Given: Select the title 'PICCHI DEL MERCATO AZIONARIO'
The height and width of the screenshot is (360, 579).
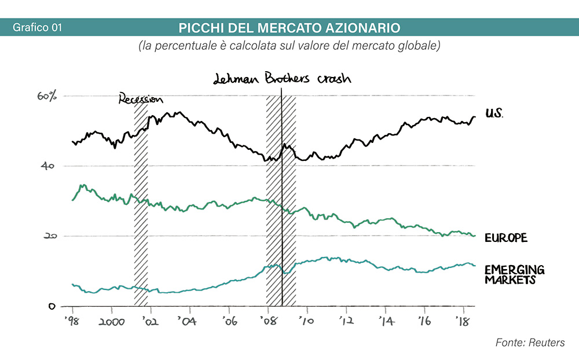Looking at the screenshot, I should tap(289, 28).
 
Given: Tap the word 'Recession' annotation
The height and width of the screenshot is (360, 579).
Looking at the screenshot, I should tap(141, 98).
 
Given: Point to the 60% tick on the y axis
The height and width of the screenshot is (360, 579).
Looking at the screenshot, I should tap(47, 96).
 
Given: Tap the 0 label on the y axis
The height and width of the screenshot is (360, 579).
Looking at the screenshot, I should tap(52, 306).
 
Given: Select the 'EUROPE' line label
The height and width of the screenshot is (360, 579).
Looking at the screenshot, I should tap(505, 238).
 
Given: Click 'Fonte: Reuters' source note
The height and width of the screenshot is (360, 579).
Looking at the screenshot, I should tap(530, 343).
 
